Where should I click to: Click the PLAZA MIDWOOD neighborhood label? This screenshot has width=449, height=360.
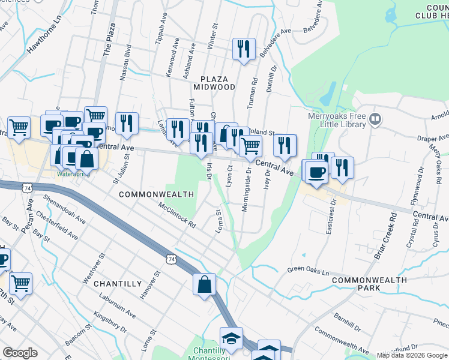point(217,83)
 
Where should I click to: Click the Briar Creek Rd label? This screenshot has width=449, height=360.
point(385,235)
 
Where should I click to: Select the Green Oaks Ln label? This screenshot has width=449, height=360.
point(309,271)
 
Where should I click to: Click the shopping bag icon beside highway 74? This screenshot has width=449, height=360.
point(204,284)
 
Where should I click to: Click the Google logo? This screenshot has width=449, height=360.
point(20,353)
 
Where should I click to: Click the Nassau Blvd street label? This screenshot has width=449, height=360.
point(127,57)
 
